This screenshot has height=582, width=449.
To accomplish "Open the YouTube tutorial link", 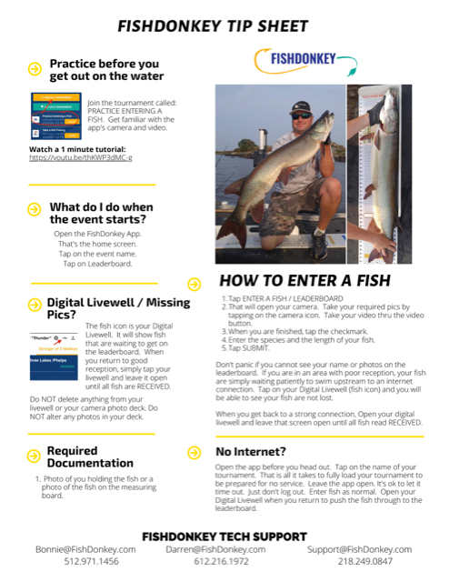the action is click(x=81, y=157).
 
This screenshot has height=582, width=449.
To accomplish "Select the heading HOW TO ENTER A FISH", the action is click(x=304, y=281).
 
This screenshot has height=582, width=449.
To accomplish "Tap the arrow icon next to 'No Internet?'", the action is click(x=195, y=450).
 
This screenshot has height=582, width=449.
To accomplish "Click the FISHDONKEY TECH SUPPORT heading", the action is click(x=225, y=534).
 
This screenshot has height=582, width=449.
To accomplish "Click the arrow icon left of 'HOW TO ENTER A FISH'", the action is click(x=194, y=283).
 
